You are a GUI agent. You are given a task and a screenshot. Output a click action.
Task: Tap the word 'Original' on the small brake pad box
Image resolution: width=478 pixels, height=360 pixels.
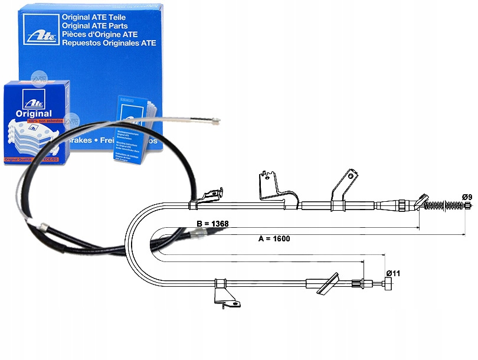click(x=33, y=113)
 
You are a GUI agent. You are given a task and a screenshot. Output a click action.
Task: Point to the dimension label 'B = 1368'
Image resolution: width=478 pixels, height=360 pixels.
click(x=212, y=224)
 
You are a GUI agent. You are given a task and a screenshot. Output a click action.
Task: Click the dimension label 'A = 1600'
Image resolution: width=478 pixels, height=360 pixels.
click(x=274, y=238)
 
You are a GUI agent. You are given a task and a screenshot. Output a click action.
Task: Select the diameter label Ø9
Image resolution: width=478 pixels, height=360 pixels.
click(x=467, y=197)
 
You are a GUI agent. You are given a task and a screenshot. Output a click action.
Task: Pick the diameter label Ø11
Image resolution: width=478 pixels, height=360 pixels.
click(x=394, y=273)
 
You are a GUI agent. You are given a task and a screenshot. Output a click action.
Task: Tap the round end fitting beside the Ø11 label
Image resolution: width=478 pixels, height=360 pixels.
click(x=389, y=286)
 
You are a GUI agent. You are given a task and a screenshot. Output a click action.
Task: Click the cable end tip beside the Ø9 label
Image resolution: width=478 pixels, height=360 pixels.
click(x=468, y=206)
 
